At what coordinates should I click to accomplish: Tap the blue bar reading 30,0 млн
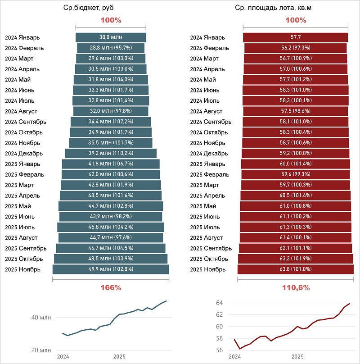click(x=111, y=37)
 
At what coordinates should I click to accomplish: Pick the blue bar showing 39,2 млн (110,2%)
click(x=111, y=153)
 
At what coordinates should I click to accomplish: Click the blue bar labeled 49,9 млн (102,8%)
click(x=111, y=269)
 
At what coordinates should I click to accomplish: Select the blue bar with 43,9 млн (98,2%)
click(x=111, y=217)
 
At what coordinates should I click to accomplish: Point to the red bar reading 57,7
click(x=296, y=37)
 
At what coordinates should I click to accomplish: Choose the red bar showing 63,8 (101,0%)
click(x=296, y=269)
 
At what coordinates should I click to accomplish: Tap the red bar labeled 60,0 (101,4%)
click(x=296, y=164)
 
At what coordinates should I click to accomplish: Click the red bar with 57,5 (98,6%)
click(x=296, y=111)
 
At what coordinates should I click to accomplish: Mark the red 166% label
click(x=111, y=287)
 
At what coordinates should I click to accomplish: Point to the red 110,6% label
click(x=296, y=287)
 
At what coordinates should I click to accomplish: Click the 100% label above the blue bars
click(x=111, y=20)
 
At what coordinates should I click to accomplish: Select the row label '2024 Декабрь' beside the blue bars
click(x=23, y=153)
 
